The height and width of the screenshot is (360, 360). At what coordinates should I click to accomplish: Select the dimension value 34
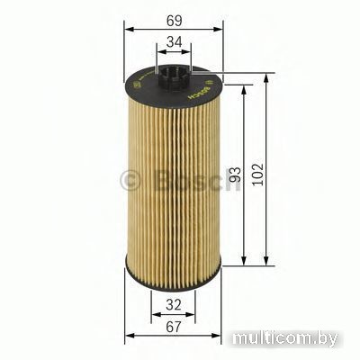pos(174,40)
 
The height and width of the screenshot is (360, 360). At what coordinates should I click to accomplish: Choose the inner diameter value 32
pos(174,303)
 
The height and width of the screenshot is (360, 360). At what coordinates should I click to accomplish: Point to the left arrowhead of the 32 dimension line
pos(152,316)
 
